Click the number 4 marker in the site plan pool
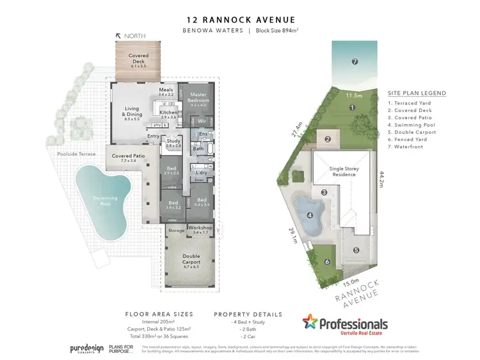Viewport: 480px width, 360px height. pyautogui.click(x=310, y=215)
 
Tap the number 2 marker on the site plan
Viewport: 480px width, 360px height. pyautogui.click(x=326, y=139)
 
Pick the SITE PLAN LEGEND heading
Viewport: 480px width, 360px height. pyautogui.click(x=417, y=94)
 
